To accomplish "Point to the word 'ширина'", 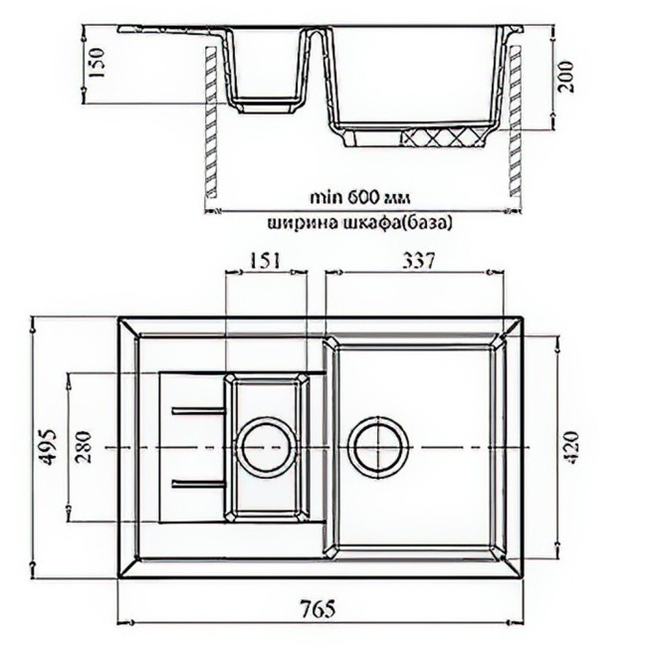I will click(288, 223).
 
